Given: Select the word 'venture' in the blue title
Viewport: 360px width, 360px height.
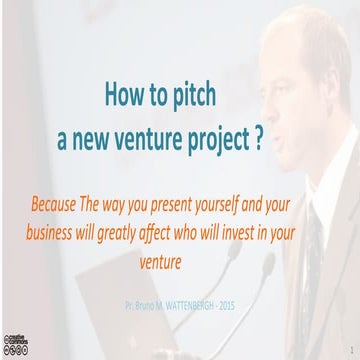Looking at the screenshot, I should click(x=153, y=138).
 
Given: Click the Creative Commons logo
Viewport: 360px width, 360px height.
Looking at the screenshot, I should click(x=16, y=343).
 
